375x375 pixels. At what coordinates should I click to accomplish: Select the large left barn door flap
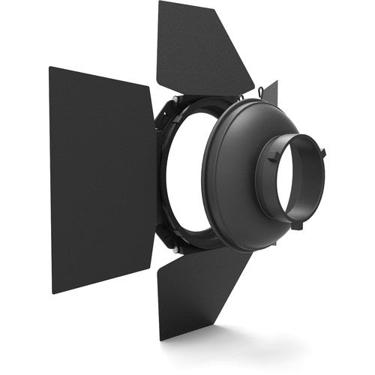pyautogui.click(x=101, y=180)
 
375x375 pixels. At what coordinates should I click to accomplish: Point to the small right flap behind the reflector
pyautogui.click(x=271, y=93)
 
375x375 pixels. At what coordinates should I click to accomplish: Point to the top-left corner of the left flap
pyautogui.click(x=50, y=68)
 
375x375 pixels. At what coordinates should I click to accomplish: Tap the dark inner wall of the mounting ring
pyautogui.click(x=281, y=187)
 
